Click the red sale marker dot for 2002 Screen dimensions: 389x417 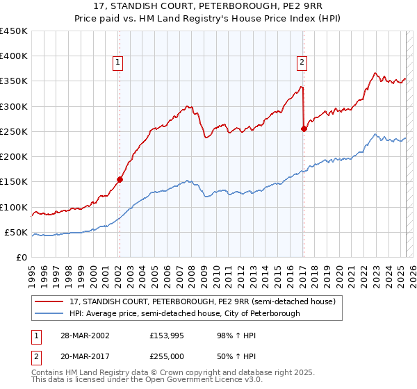tap(120, 179)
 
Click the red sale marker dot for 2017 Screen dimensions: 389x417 tap(304, 129)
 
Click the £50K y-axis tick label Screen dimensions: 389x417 tap(17, 232)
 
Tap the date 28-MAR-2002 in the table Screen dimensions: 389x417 tap(85, 335)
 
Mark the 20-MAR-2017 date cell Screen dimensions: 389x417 tap(85, 355)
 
